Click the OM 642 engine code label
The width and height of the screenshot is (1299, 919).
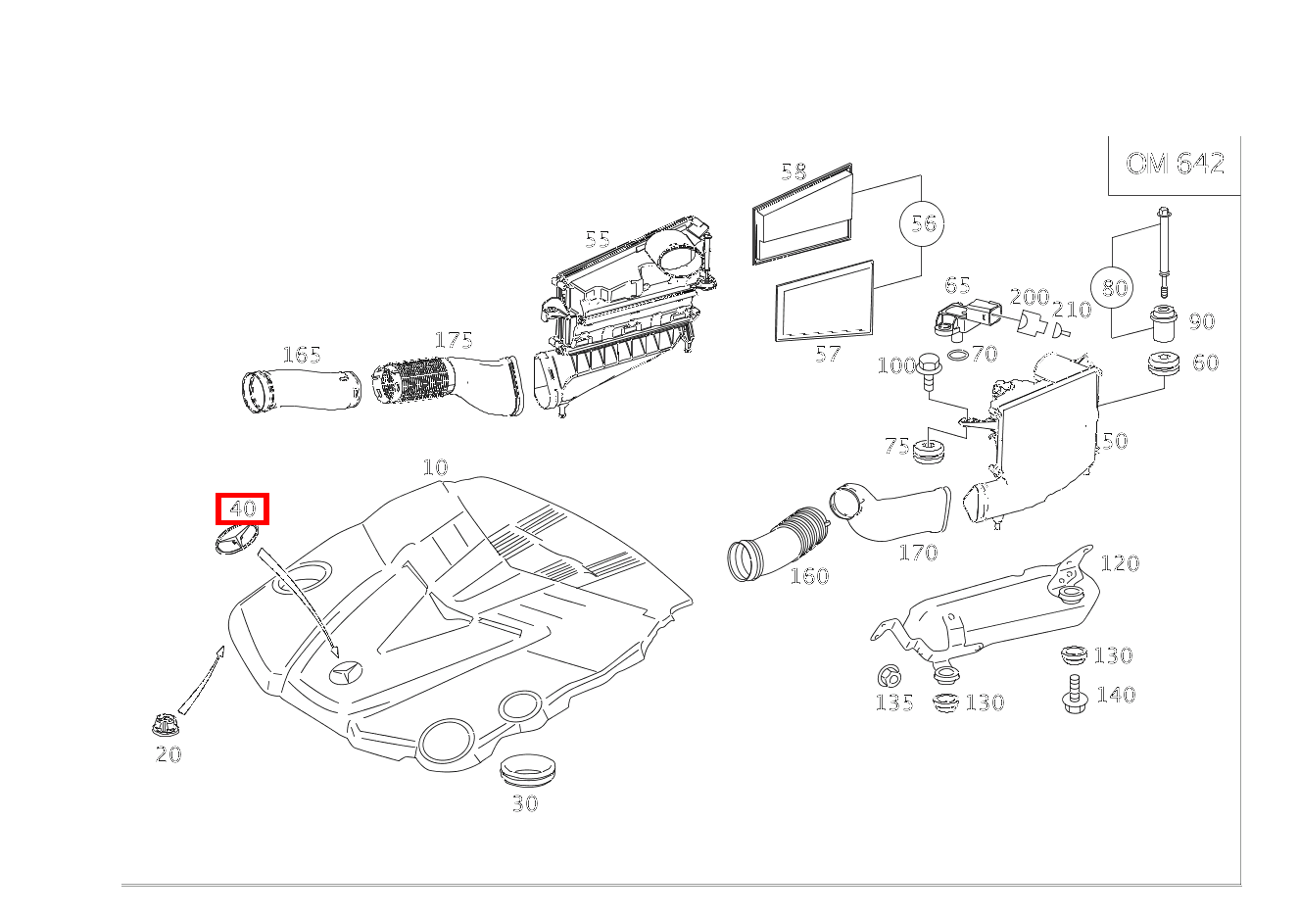coord(1175,163)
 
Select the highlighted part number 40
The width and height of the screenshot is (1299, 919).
coord(242,508)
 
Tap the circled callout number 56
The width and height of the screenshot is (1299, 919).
coord(922,223)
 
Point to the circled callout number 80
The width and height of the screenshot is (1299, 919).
coord(1113,288)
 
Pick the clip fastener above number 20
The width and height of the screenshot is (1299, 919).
coord(165,725)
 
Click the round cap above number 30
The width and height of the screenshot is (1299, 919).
coord(527,770)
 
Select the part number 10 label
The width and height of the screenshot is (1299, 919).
coord(435,466)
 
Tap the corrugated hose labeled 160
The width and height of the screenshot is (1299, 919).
coord(779,544)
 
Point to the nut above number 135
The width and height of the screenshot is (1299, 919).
coord(889,675)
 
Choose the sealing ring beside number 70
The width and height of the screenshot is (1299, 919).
coord(959,355)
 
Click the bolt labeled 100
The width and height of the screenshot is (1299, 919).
coord(929,371)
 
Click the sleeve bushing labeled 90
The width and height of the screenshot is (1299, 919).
coord(1163,323)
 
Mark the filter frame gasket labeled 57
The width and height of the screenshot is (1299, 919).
coord(824,301)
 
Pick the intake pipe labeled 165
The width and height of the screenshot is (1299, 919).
coord(301,389)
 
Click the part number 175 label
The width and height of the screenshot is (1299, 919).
coord(454,340)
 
